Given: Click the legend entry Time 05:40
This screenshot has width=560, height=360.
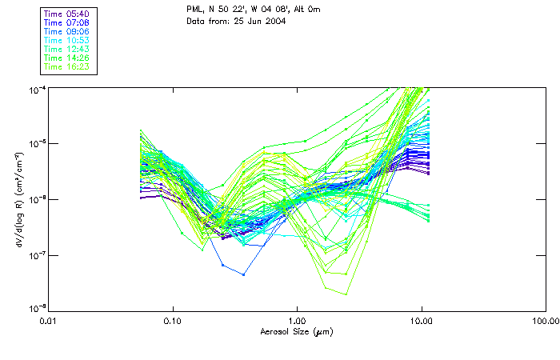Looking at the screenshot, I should [x=67, y=14].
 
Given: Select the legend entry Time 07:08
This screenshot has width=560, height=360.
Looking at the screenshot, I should [x=67, y=23].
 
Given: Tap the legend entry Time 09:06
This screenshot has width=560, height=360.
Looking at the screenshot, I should [x=67, y=32].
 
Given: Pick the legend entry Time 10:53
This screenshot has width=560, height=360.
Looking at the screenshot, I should [x=67, y=41].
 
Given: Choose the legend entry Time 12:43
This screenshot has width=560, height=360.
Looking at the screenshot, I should [x=67, y=50].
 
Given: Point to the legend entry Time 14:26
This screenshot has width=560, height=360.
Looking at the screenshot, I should [x=67, y=58].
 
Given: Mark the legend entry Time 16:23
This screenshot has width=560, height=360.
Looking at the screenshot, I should [x=67, y=67].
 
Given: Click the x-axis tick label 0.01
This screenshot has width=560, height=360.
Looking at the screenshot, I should [x=49, y=322].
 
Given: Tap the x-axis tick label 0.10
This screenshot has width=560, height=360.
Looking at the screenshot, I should [x=173, y=322].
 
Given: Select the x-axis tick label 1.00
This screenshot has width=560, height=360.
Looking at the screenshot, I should [x=297, y=322].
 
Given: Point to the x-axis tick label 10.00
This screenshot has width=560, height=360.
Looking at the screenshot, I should [x=421, y=322].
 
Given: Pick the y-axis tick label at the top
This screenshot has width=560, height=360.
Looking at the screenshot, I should [x=36, y=89].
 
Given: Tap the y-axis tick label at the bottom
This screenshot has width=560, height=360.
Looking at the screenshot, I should [x=36, y=309].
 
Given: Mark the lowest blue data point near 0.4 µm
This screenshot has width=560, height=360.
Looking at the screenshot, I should [x=243, y=274].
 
